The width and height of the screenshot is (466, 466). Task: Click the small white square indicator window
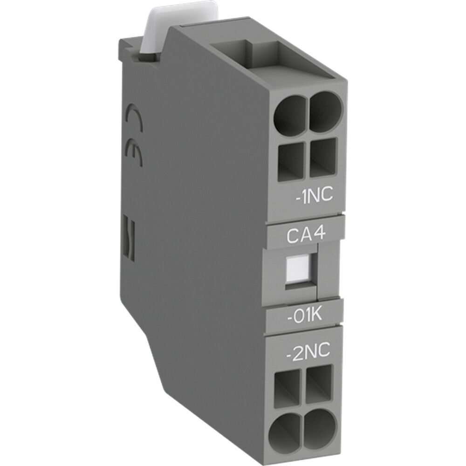pyautogui.click(x=295, y=269)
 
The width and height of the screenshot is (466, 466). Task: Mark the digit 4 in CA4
pyautogui.click(x=321, y=234)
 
